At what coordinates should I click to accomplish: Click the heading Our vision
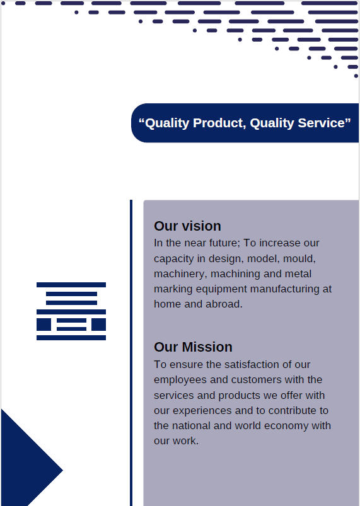(187, 226)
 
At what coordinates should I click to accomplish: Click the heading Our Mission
(193, 347)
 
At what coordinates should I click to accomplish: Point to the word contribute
(290, 410)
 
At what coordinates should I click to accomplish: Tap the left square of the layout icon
(44, 325)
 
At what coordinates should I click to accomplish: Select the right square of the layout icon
(98, 325)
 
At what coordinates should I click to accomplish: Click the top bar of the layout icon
(71, 285)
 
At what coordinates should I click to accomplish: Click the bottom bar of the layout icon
(71, 338)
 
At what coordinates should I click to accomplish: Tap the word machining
(235, 273)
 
